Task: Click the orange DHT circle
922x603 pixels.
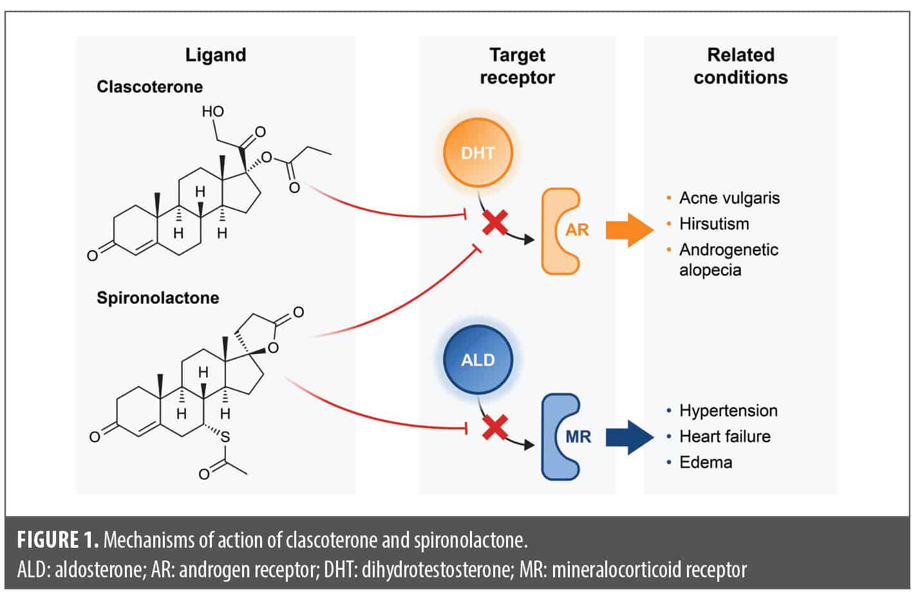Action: [478, 153]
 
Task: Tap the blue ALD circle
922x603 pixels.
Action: [478, 359]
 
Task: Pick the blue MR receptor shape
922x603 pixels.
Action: [560, 437]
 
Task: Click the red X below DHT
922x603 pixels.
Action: [495, 223]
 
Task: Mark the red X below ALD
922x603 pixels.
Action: [495, 428]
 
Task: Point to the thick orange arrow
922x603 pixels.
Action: [629, 230]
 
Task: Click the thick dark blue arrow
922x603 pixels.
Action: [629, 437]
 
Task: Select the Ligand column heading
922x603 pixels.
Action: [216, 55]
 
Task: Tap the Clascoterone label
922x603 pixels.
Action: [149, 87]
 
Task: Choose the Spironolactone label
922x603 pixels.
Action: [158, 298]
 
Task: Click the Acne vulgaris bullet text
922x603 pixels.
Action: [729, 198]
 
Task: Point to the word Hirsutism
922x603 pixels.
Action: [714, 224]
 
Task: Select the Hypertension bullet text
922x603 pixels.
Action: [728, 411]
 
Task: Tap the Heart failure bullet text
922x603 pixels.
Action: [724, 436]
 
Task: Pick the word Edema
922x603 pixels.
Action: [706, 462]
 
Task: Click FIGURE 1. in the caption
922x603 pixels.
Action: [58, 539]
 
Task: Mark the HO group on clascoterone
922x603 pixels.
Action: [213, 111]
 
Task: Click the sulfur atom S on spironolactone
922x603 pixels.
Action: [225, 438]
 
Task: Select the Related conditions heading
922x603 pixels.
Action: [740, 66]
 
